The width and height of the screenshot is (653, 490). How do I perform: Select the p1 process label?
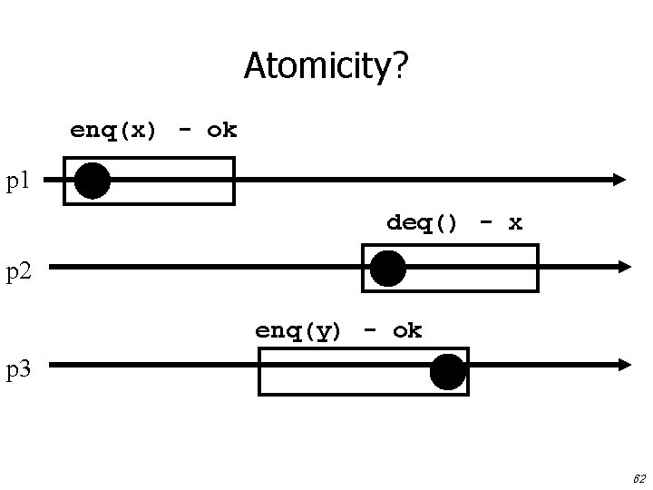(x=19, y=182)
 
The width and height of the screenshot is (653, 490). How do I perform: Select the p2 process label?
(x=20, y=269)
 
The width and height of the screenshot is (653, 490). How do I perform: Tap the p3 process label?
(x=20, y=368)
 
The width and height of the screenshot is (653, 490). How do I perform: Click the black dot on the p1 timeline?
(x=93, y=181)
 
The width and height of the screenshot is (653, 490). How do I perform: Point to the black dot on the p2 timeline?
(x=388, y=269)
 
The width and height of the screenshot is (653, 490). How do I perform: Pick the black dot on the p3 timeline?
(x=448, y=372)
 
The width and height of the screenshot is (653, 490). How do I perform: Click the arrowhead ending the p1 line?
(x=619, y=180)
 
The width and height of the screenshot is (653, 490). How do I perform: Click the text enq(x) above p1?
(x=113, y=131)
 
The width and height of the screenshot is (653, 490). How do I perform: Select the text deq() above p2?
(x=423, y=222)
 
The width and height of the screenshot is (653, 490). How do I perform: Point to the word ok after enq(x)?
(x=221, y=130)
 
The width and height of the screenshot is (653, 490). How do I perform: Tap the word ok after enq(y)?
(x=407, y=330)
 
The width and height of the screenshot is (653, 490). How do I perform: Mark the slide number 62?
(x=638, y=477)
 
